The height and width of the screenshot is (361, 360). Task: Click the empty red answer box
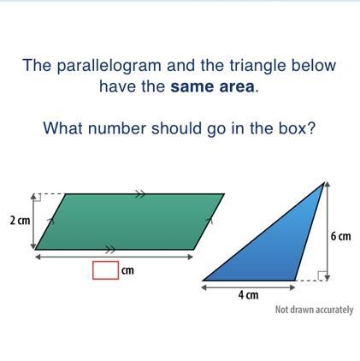coord(105,269)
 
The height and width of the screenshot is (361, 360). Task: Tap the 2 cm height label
coord(20,221)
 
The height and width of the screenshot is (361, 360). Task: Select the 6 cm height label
coord(340,236)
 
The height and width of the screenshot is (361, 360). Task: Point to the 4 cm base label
coord(249,295)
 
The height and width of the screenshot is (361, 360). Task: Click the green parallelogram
coord(130,222)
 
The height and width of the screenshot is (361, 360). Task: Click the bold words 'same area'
coord(212,86)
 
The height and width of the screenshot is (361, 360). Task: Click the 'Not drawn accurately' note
coord(314,310)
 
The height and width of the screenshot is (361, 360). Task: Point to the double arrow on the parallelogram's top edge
coord(140,194)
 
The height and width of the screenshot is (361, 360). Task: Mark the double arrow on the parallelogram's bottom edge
coord(110,250)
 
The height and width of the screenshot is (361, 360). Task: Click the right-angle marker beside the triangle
coord(322,275)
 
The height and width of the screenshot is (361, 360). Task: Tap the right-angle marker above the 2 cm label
coord(38,197)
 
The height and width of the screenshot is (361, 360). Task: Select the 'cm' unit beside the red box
coord(127,270)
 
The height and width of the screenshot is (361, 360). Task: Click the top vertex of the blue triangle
coord(324,182)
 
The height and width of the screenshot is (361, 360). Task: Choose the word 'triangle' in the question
coord(258,66)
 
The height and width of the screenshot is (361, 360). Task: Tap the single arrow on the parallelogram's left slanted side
coord(50,219)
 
